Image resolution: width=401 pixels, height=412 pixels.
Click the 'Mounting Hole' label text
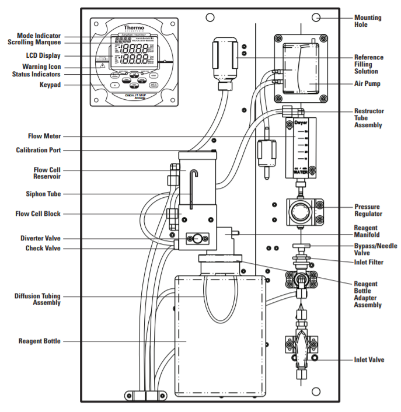(369, 21)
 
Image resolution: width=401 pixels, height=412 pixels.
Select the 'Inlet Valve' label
(369, 359)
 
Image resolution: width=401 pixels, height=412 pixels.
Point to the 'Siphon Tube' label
(41, 194)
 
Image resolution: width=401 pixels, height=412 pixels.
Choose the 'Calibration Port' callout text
(38, 150)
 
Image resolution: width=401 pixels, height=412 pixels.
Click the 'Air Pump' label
(368, 84)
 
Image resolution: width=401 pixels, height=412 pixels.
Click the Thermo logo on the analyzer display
(134, 28)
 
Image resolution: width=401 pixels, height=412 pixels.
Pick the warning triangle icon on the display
(102, 66)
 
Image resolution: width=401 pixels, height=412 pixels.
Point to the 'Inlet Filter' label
(369, 263)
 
